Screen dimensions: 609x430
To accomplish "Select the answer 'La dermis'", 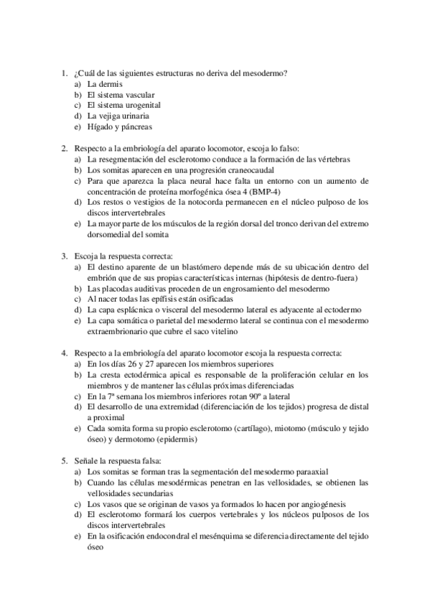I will (x=102, y=84).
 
